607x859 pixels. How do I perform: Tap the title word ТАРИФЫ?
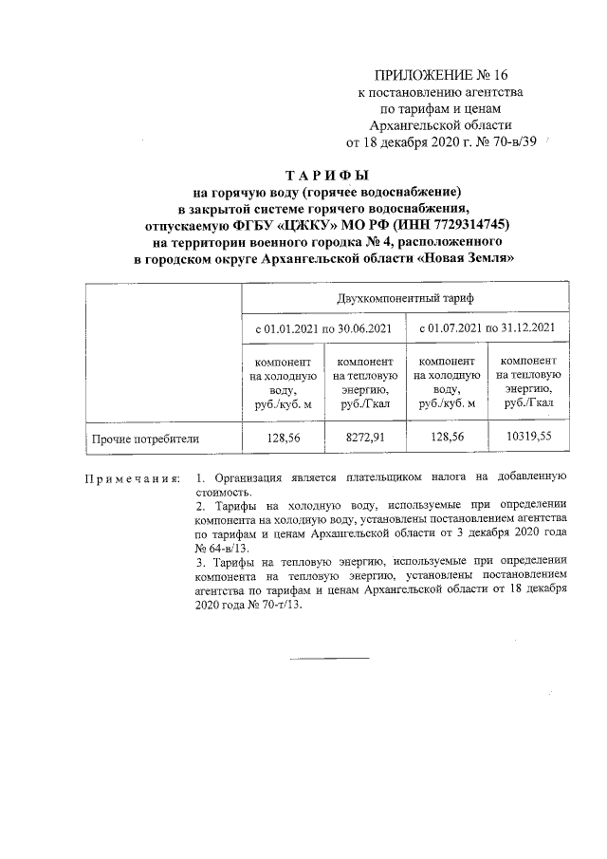tap(326, 177)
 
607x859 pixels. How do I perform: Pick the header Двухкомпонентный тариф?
tap(405, 298)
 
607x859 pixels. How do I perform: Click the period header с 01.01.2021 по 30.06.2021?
tap(323, 328)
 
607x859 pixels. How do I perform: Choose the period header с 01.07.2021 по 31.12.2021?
tap(487, 328)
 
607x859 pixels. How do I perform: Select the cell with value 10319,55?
tap(527, 438)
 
